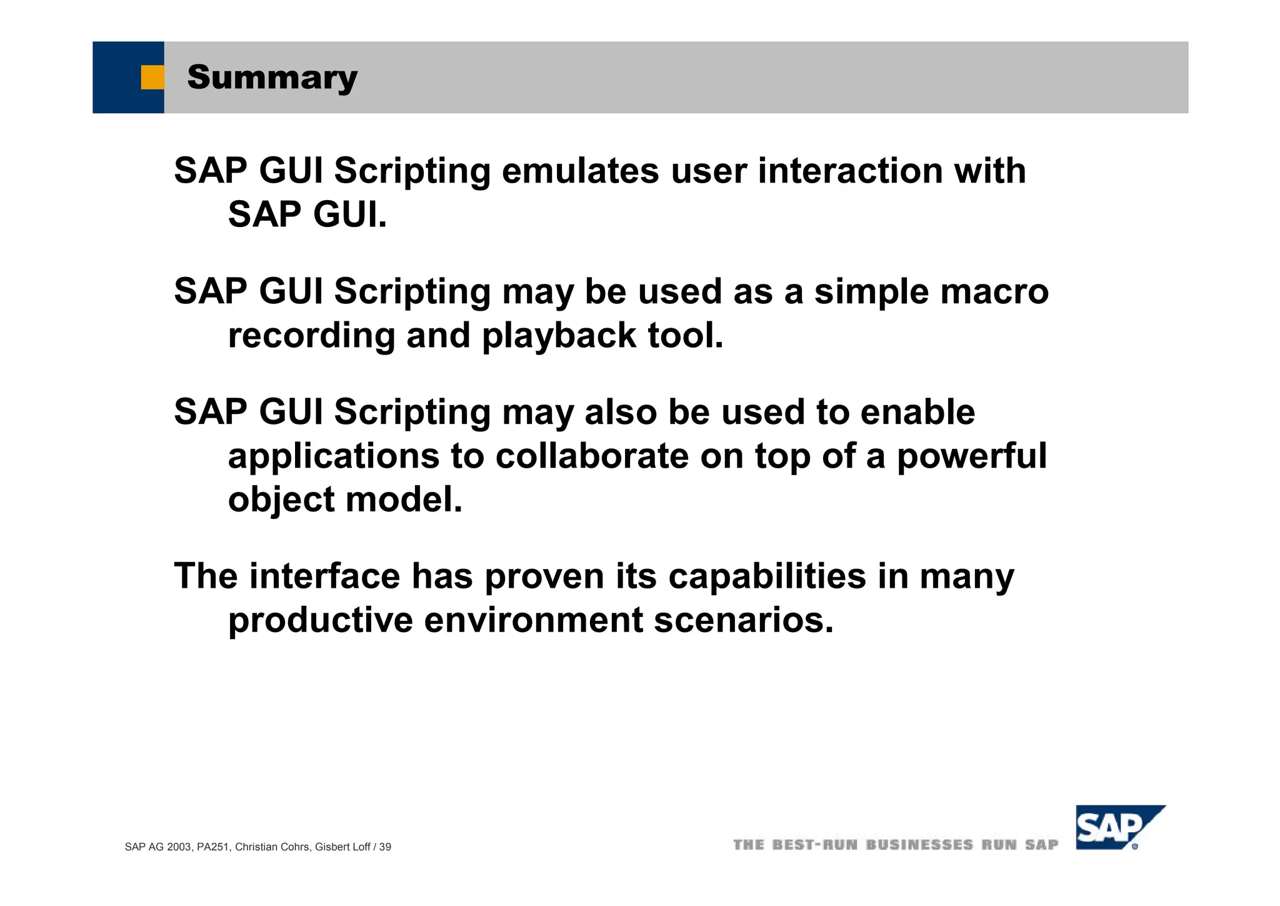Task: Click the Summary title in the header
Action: pyautogui.click(x=272, y=78)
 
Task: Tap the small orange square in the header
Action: pyautogui.click(x=152, y=78)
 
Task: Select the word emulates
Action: pyautogui.click(x=580, y=171)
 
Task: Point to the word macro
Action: pyautogui.click(x=994, y=292)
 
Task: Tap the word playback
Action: pyautogui.click(x=559, y=336)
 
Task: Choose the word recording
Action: pyautogui.click(x=311, y=336)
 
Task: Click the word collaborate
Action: pyautogui.click(x=592, y=456)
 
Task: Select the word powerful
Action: pyautogui.click(x=971, y=456)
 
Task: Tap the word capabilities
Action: pyautogui.click(x=767, y=576)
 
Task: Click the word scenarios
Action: pyautogui.click(x=743, y=620)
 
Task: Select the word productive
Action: pyautogui.click(x=320, y=620)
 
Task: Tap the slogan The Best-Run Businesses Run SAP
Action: pyautogui.click(x=895, y=845)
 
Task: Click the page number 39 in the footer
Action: pyautogui.click(x=385, y=847)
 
